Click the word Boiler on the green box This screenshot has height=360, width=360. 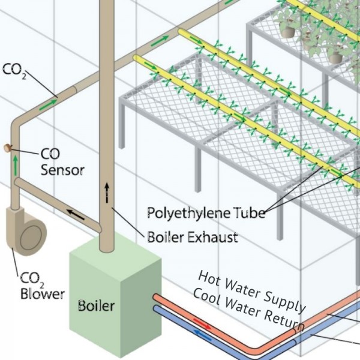coord(96,305)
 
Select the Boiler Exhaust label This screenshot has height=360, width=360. coord(192,237)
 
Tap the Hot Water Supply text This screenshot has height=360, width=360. coord(253,291)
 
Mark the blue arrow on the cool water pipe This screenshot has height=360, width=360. coord(204,337)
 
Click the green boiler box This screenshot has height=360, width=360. coord(114,294)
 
